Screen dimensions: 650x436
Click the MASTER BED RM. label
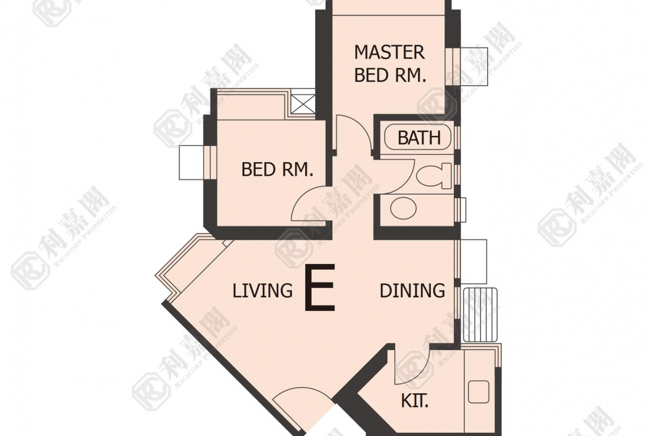coord(390,64)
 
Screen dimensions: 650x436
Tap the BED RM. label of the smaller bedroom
coord(277,169)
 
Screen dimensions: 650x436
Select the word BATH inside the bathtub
coord(419,138)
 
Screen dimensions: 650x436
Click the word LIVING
coord(262,290)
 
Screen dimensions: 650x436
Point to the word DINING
coord(412,290)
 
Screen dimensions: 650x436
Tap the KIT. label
coord(414,401)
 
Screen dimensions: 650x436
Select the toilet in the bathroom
coord(433,176)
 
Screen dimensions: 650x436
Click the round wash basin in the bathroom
coord(403,208)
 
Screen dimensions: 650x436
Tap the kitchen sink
coord(478,392)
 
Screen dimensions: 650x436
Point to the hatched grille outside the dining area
coord(479,314)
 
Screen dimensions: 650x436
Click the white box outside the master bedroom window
coord(473,66)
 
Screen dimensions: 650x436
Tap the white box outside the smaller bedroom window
coord(192,163)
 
